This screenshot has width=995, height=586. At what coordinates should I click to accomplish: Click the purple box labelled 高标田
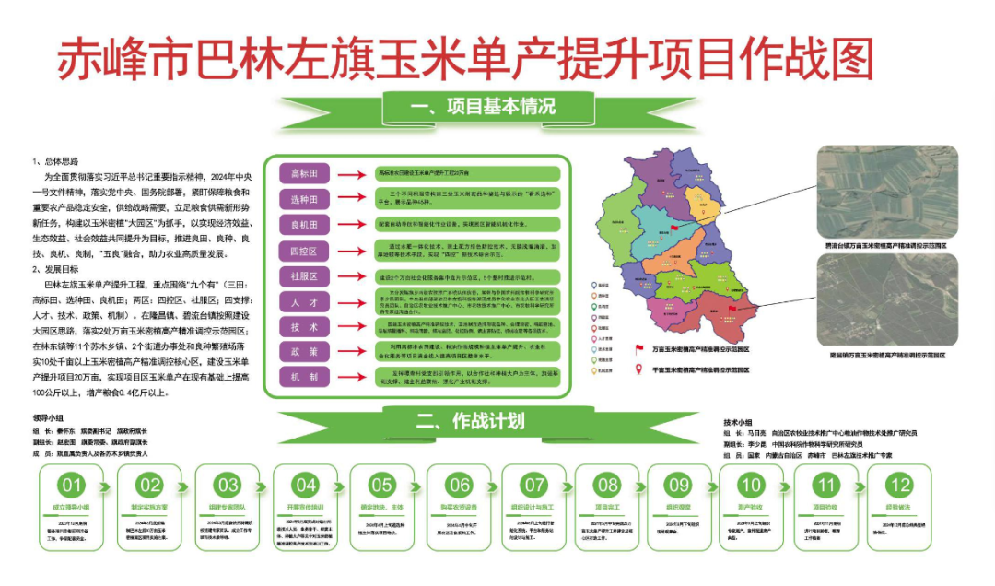click(x=303, y=173)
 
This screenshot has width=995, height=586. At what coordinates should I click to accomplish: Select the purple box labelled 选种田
click(x=303, y=199)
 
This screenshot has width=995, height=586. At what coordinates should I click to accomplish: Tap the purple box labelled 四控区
click(x=303, y=251)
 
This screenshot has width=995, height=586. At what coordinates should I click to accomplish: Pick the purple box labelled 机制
click(x=303, y=378)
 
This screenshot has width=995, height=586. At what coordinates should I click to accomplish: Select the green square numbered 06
click(x=458, y=485)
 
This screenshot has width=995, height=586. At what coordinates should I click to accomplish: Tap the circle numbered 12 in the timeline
click(x=899, y=485)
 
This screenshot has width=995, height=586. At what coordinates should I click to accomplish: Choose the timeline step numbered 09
click(x=679, y=485)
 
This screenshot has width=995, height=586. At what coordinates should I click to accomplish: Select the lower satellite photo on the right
click(x=887, y=300)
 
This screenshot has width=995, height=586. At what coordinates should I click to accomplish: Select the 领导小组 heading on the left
click(x=49, y=417)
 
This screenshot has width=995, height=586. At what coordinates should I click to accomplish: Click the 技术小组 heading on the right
click(x=743, y=420)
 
